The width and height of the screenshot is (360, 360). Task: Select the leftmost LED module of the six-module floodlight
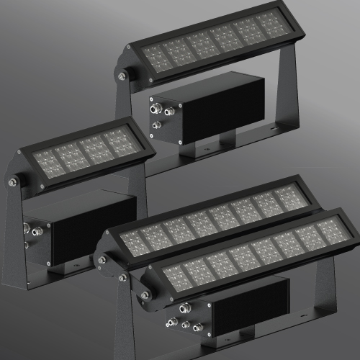click(x=156, y=56)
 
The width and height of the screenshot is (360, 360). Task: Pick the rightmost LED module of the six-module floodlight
click(x=272, y=25)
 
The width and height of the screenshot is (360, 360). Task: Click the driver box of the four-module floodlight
click(x=79, y=230)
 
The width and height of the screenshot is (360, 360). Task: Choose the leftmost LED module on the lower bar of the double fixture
click(x=175, y=274)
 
